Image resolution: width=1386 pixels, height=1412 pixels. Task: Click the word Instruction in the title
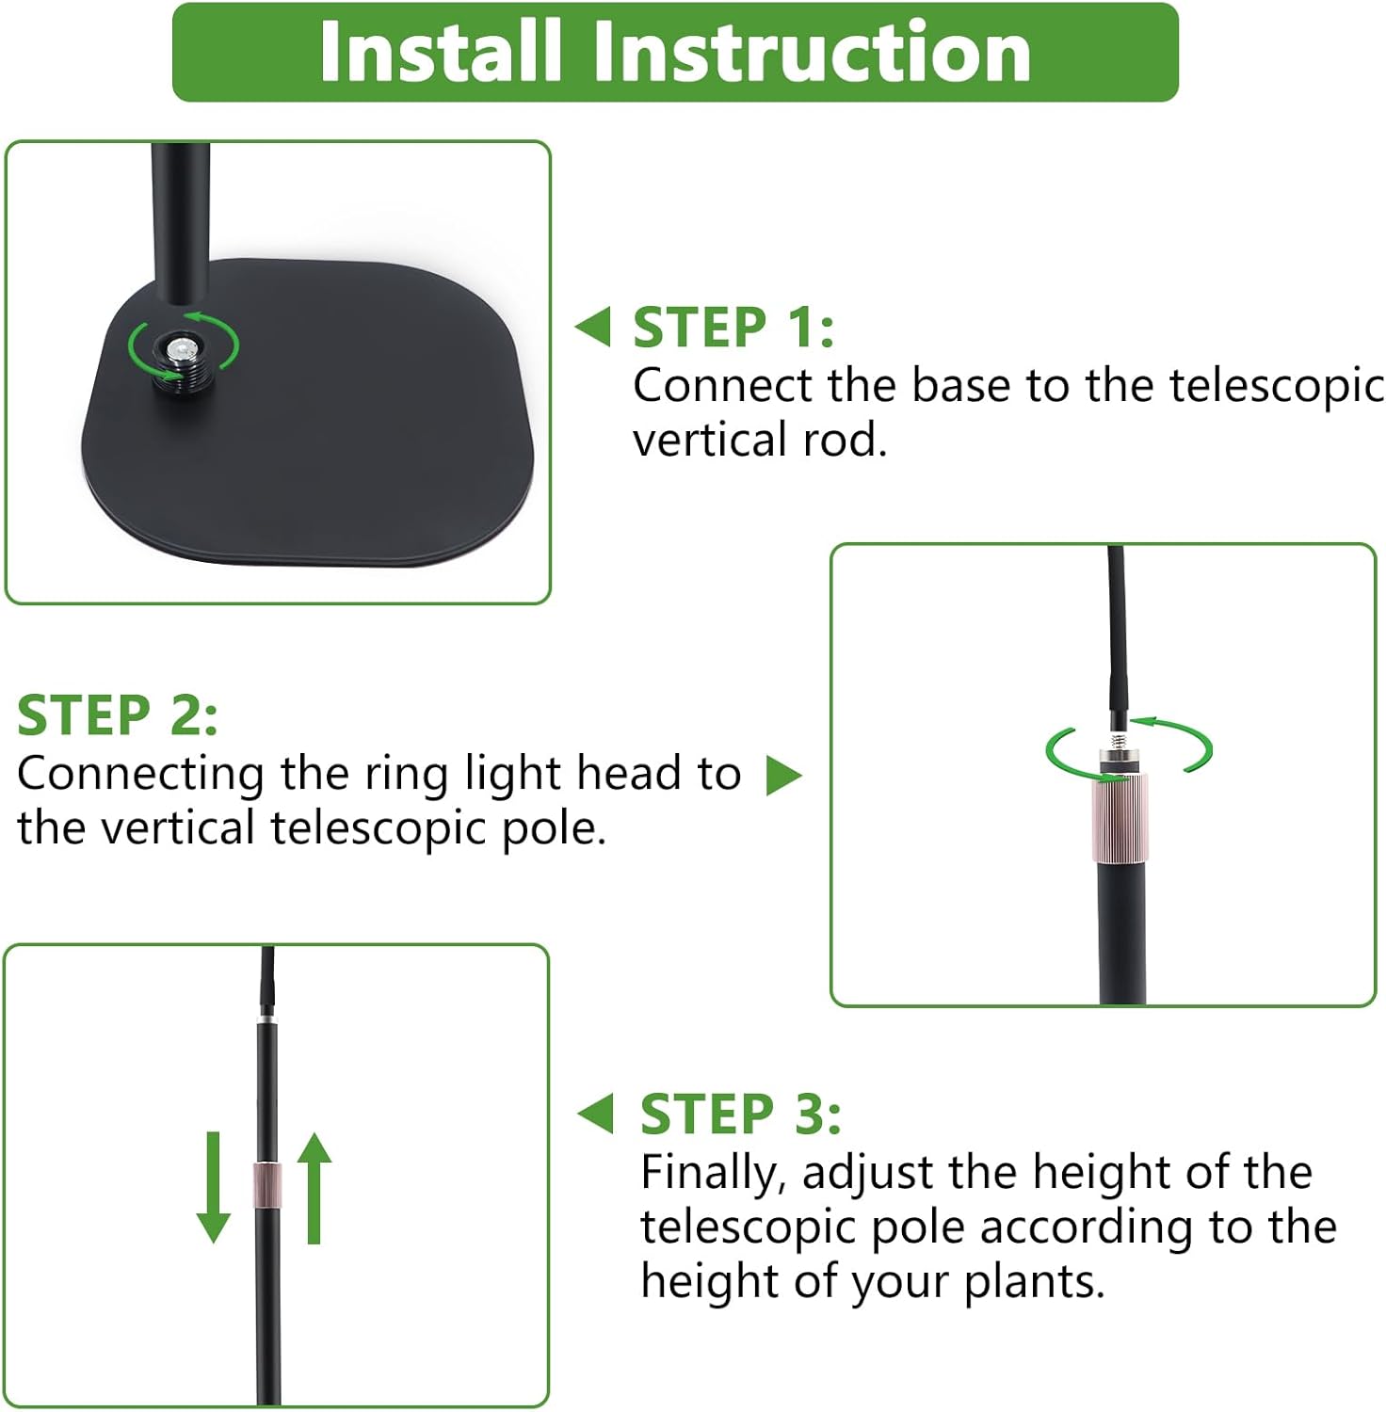point(813,52)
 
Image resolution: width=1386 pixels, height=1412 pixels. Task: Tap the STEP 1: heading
point(733,328)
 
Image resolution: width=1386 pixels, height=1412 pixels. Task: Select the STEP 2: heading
point(118,715)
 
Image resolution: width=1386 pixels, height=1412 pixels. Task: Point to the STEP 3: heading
point(741,1115)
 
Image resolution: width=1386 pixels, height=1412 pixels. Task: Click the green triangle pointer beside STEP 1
point(593,327)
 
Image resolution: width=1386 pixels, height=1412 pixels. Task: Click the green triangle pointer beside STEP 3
point(595,1114)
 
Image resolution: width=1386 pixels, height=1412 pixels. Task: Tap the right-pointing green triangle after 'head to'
point(783,776)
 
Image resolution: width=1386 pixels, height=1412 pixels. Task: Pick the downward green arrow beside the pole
point(214,1187)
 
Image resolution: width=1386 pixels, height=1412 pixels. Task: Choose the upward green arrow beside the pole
point(314,1188)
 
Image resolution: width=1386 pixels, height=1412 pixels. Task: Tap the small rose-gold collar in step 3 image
point(267,1186)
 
